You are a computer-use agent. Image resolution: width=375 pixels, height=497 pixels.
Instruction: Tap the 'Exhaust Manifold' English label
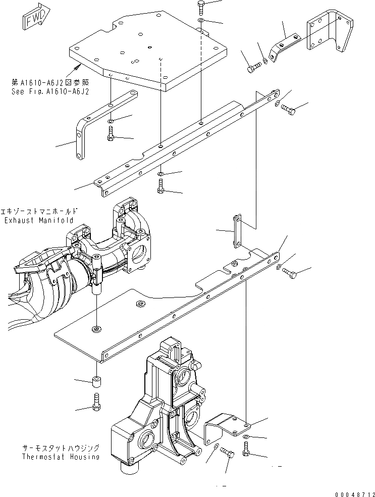(39, 220)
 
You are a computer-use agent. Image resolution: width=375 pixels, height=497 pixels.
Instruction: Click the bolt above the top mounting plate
(200, 7)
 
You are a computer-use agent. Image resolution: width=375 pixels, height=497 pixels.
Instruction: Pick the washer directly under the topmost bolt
(201, 21)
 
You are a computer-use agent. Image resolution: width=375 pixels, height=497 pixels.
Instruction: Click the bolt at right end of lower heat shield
(290, 273)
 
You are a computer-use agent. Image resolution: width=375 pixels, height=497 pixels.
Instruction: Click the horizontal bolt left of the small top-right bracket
(253, 67)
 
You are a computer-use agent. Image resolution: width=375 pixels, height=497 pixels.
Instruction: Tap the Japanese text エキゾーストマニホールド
(39, 211)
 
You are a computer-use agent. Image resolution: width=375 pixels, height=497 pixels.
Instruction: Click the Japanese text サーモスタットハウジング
(60, 448)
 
